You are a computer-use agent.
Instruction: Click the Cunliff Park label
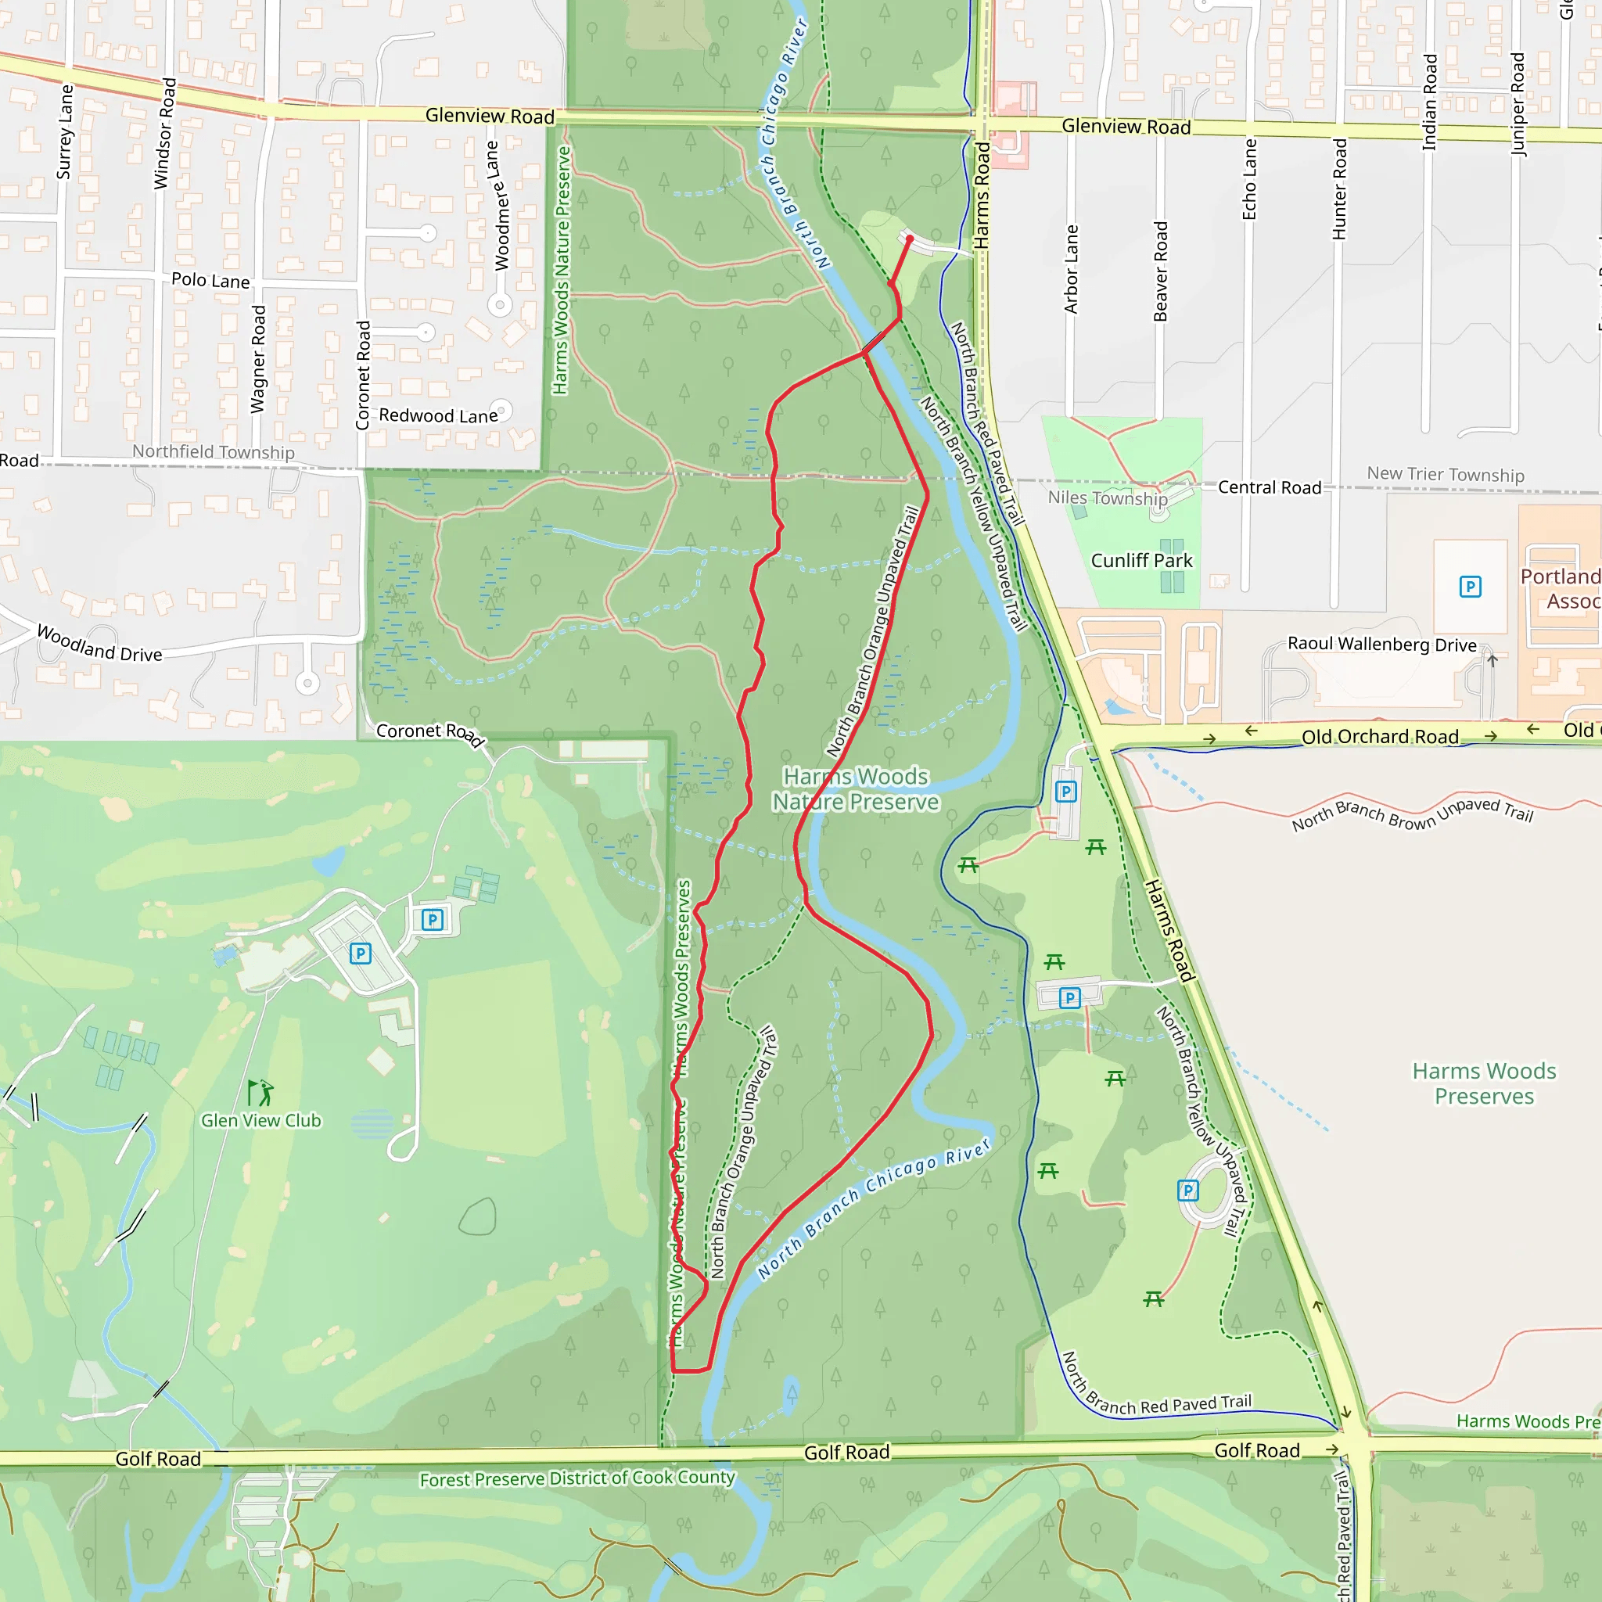point(1141,561)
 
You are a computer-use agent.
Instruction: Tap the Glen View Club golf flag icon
point(260,1092)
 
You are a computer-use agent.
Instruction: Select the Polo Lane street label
point(210,280)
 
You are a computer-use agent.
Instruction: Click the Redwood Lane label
point(438,415)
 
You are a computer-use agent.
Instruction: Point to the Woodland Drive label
point(99,644)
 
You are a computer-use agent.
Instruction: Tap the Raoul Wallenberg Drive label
point(1381,645)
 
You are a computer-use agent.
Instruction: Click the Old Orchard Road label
point(1380,736)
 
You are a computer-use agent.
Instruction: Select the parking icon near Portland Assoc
point(1470,587)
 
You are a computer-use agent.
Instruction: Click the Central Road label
point(1269,487)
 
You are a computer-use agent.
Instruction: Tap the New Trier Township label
point(1446,474)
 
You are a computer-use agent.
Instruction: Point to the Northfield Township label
point(213,451)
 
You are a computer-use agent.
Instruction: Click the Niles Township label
point(1107,497)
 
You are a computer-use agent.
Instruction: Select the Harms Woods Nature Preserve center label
point(855,788)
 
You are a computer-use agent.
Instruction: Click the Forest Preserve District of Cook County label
point(577,1478)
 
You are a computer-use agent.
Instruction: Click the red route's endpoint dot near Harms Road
point(910,239)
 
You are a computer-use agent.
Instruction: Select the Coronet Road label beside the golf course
point(429,733)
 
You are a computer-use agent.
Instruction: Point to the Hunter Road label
point(1339,189)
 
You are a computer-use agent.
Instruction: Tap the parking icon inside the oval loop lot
point(1187,1191)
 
